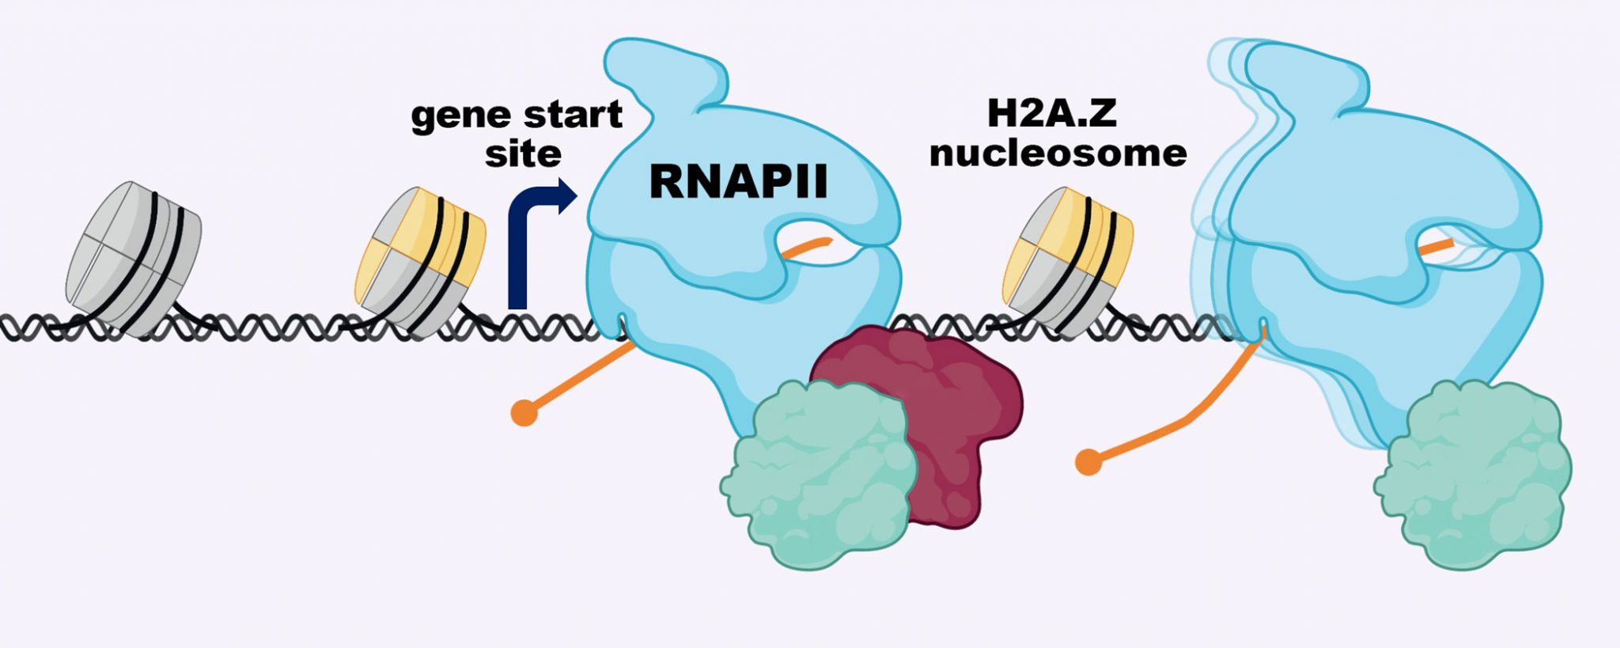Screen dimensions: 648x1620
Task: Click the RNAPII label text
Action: coord(737,181)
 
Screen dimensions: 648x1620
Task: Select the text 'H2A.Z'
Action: coord(1051,113)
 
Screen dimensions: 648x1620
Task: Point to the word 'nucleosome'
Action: coord(1058,152)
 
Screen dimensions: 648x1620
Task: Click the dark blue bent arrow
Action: coord(519,253)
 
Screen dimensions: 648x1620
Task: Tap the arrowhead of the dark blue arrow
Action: coord(566,195)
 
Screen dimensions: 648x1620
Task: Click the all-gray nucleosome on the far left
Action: coord(133,257)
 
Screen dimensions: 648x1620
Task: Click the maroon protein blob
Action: coord(949,411)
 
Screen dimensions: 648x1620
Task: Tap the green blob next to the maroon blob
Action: coord(823,475)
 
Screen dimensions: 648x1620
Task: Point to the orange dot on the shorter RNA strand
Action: coord(524,412)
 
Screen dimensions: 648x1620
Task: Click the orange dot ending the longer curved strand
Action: coord(1088,462)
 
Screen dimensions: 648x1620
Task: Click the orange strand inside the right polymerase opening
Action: coord(1436,247)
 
